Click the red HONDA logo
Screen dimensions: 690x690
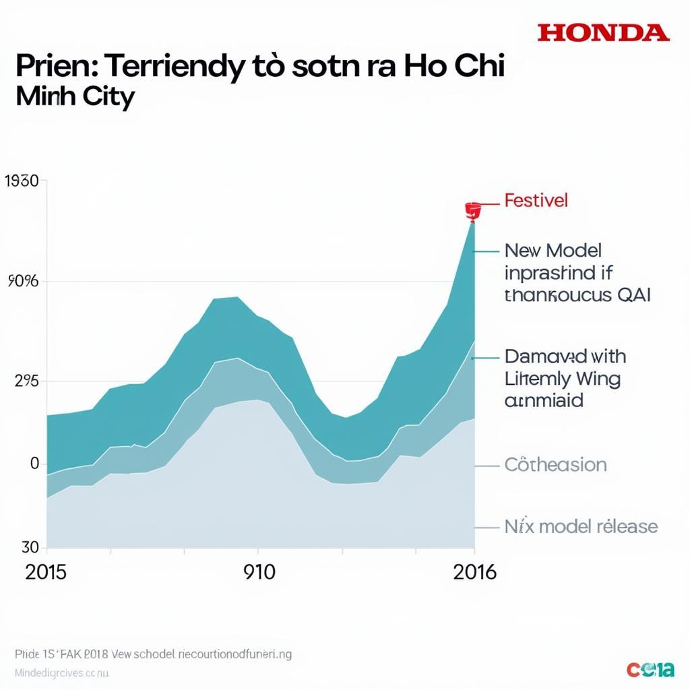tap(603, 32)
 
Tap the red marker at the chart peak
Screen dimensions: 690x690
tap(472, 210)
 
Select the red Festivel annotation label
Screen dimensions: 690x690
tap(536, 200)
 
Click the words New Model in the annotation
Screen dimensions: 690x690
tap(553, 251)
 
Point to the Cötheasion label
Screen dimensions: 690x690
tap(555, 465)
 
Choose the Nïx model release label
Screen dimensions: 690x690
tap(581, 526)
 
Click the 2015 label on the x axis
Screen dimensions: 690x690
tap(46, 572)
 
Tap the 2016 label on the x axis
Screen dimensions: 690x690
tap(474, 572)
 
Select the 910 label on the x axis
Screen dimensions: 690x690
tap(259, 572)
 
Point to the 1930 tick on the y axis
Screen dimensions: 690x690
tap(26, 181)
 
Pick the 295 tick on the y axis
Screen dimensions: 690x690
tap(27, 381)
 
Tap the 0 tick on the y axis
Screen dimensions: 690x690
tap(34, 464)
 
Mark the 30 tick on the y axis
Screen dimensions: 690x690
tap(30, 546)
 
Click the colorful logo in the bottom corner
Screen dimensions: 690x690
tap(650, 669)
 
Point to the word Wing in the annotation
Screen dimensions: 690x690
tap(594, 379)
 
